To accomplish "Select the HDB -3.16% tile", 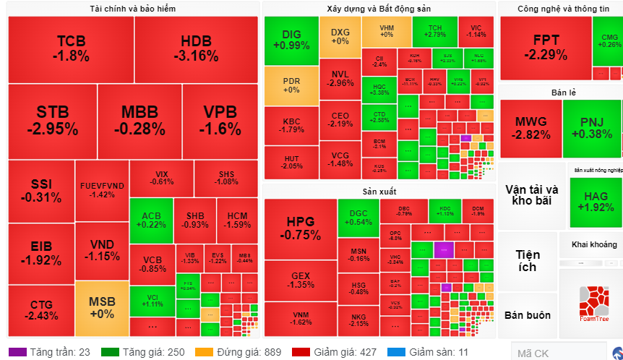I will pos(196,48).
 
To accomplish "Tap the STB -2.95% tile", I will pos(52,121).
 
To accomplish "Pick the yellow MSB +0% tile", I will pos(101,308).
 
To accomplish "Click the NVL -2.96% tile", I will pos(340,79).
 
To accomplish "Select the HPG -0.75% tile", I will pos(300,228).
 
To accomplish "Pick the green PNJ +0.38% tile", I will pos(591,127).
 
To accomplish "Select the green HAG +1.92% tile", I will pos(596,201).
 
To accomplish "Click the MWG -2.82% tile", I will pos(530,127).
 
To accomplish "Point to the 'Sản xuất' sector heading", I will pos(379,191).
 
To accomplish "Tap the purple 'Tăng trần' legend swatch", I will pos(19,352).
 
